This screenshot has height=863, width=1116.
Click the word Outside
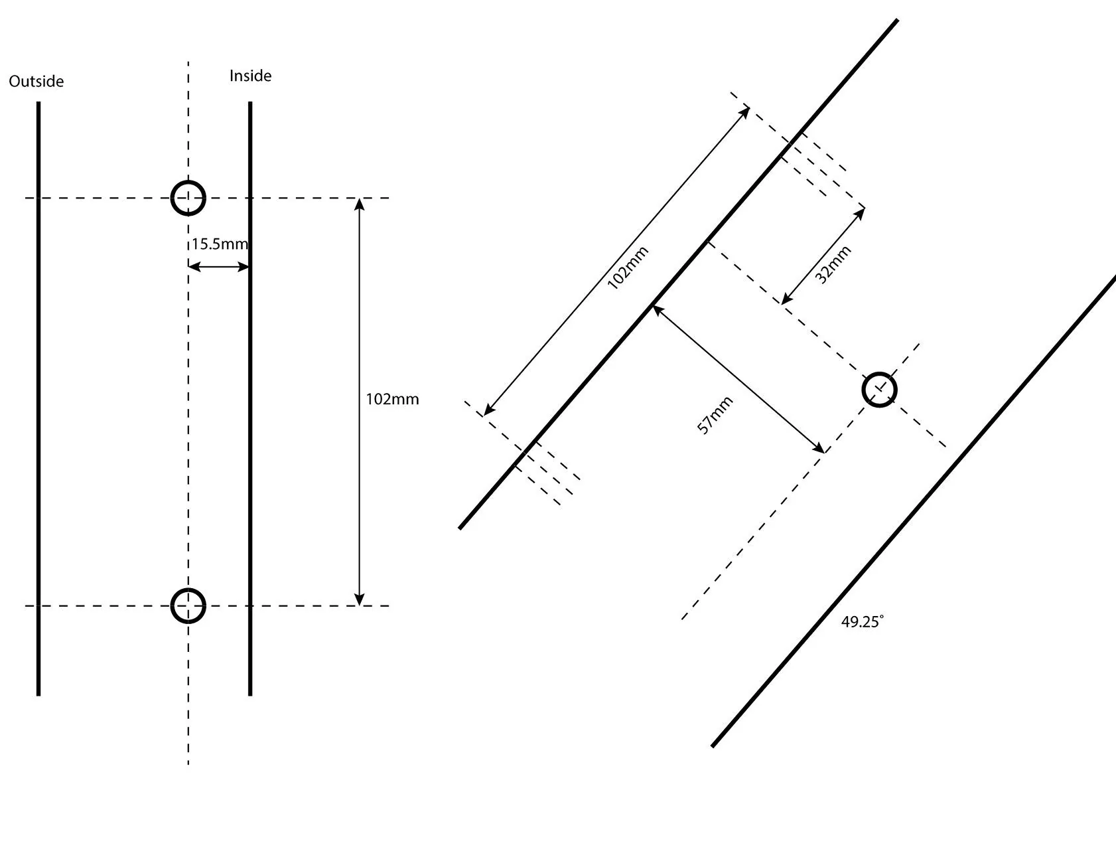[36, 81]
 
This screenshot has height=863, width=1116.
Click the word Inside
[250, 76]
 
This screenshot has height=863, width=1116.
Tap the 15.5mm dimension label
[220, 244]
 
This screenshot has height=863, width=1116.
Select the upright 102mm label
[393, 399]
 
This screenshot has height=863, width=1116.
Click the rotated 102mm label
[628, 268]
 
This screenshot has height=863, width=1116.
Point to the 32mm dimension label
[833, 265]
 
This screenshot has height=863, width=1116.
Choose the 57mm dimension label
[715, 415]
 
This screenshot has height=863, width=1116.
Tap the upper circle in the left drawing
[188, 181]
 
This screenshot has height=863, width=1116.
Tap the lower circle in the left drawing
[188, 589]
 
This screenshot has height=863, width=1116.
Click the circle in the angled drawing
[880, 374]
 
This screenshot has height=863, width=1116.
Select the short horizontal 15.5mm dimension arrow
[219, 267]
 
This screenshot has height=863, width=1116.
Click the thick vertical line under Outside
[38, 398]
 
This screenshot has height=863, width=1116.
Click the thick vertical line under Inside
[250, 398]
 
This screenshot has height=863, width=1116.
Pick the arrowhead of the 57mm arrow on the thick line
[657, 309]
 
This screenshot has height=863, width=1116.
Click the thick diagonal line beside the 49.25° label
[914, 511]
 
